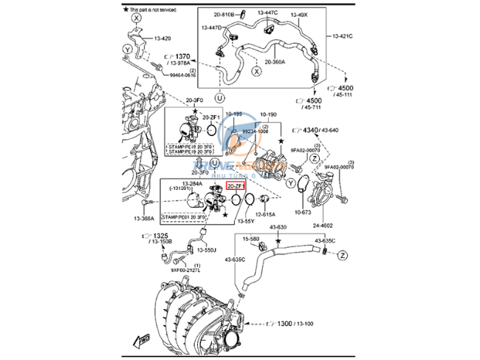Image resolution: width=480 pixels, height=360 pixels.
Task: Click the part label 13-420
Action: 162,38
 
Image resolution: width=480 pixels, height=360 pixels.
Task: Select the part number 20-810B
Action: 224,14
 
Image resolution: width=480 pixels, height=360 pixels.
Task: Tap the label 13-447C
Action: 268,13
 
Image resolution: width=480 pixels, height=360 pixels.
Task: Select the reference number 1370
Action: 182,55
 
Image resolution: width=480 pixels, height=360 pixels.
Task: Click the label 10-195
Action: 233,115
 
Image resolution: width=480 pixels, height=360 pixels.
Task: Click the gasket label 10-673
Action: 302,211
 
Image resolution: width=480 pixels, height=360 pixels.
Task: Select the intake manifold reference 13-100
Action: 304,324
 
